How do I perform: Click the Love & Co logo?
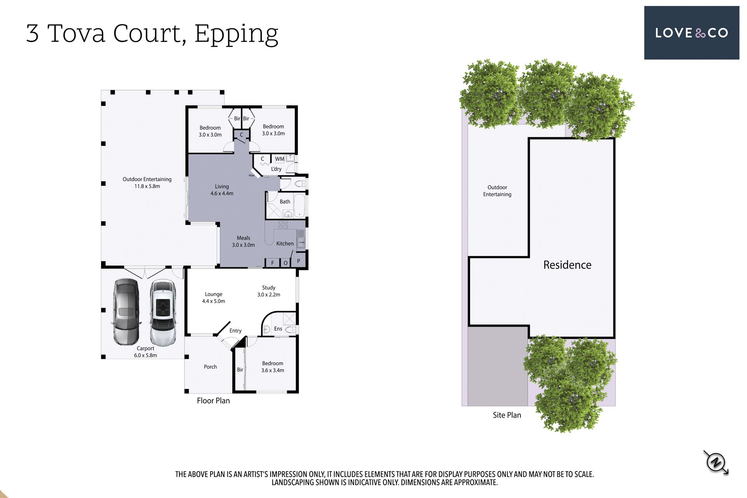pos(691,33)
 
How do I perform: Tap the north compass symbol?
pos(716,462)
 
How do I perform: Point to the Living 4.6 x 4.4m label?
pos(222,190)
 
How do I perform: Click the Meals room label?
pos(244,241)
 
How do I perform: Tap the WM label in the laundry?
pos(279,159)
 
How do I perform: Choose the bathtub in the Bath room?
pos(299,205)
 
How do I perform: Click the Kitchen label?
pos(285,244)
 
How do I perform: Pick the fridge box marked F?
pos(272,263)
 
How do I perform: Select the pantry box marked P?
pos(298,261)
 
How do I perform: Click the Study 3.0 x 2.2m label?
pos(268,291)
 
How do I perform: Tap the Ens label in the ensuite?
pos(278,329)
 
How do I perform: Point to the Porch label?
pos(210,367)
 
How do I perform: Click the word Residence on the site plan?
pos(567,265)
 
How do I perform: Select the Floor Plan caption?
pos(213,401)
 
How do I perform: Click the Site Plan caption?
pos(507,415)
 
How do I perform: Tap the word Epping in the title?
pos(236,34)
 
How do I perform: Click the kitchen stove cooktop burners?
pos(283,224)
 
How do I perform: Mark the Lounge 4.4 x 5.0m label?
pos(214,298)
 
